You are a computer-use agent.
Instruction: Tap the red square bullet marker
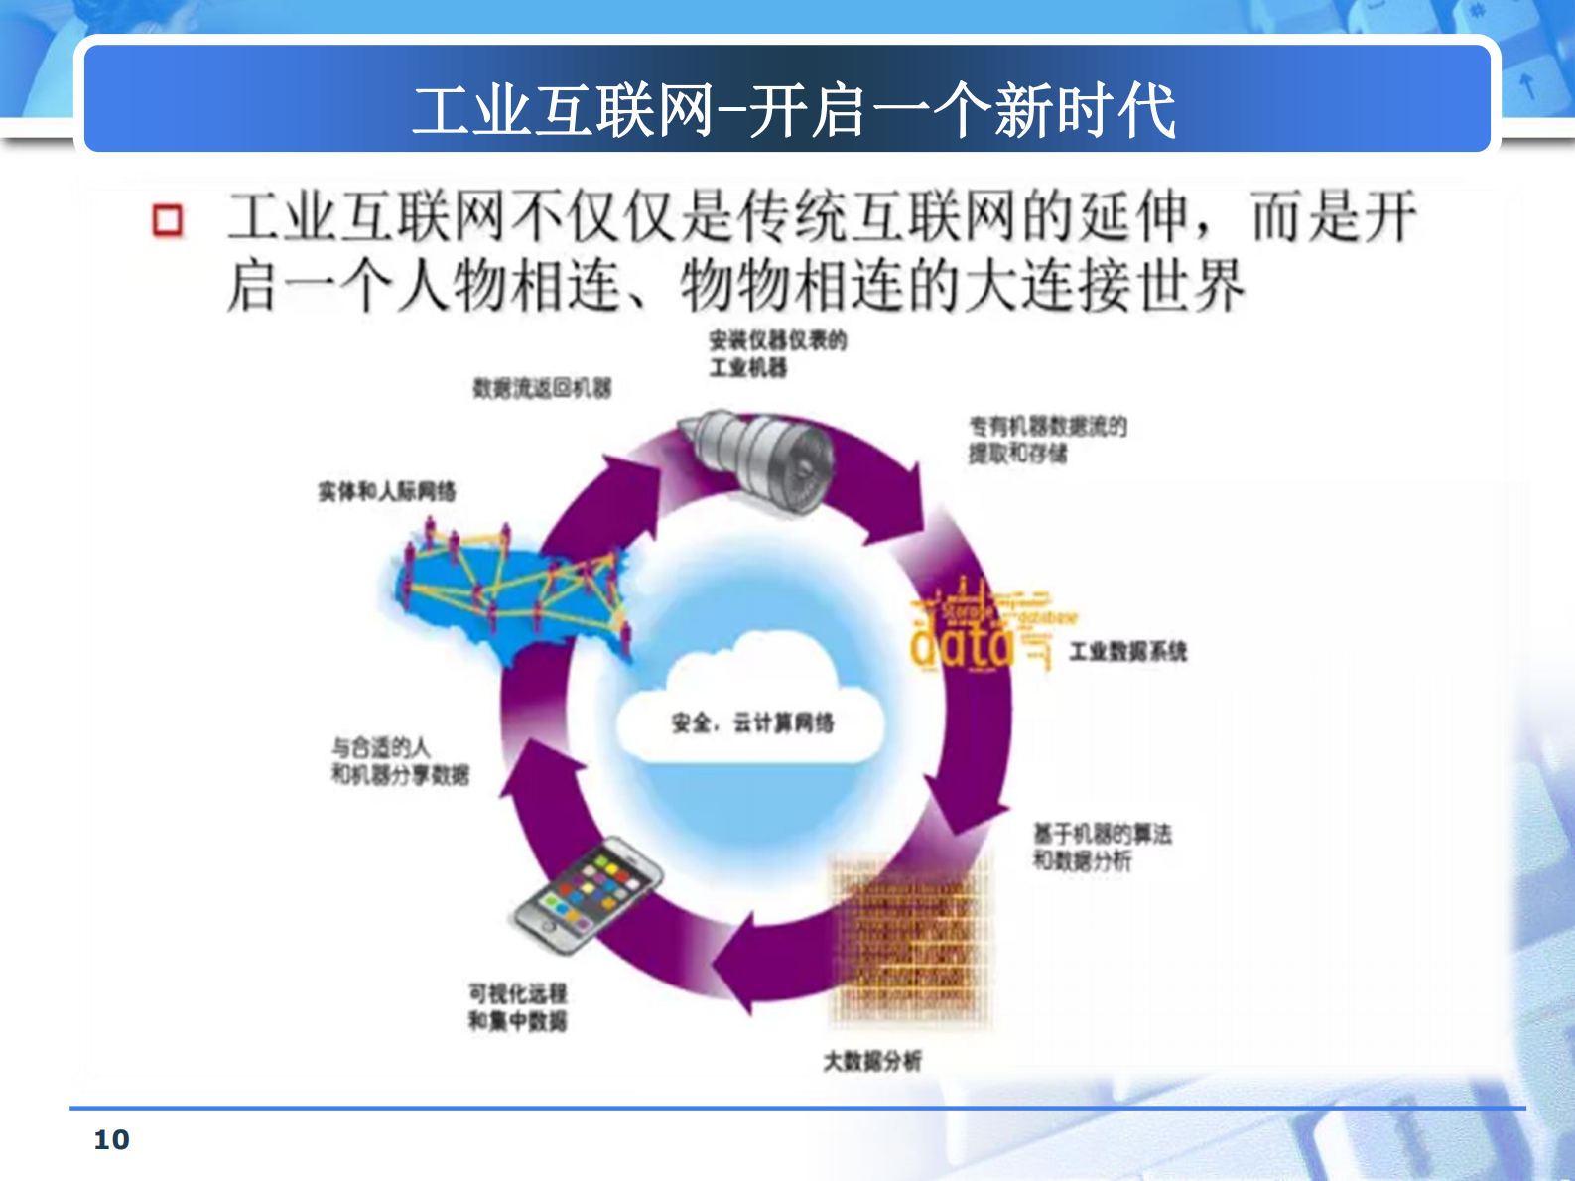point(168,220)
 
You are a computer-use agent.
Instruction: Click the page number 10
point(111,1139)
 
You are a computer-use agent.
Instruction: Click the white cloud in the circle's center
point(750,705)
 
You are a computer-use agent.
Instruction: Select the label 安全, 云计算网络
point(752,722)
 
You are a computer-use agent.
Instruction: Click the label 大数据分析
point(871,1061)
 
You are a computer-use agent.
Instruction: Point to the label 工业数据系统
point(1127,651)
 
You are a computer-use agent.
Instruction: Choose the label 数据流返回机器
point(542,388)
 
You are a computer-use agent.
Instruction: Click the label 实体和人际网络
point(387,491)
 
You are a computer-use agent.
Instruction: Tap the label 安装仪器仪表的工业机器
point(776,354)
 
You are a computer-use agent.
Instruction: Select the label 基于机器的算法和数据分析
point(1102,847)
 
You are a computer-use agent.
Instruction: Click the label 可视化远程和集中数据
point(517,1007)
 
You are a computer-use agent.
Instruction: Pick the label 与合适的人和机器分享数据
point(400,760)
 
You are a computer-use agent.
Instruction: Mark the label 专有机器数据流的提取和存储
point(1047,440)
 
